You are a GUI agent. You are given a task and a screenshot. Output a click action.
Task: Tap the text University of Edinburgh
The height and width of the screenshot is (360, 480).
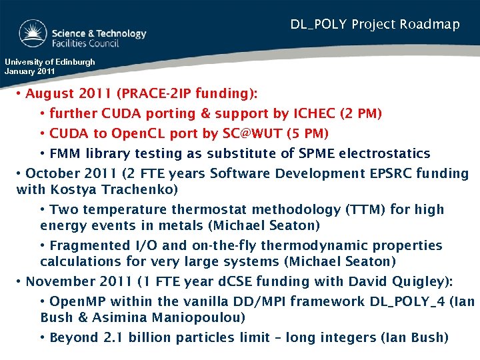[50, 62]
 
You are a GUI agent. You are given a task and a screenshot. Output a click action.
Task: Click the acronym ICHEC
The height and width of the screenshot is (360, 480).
[313, 114]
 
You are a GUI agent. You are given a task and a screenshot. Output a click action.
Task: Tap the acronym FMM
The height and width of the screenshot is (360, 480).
[65, 154]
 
